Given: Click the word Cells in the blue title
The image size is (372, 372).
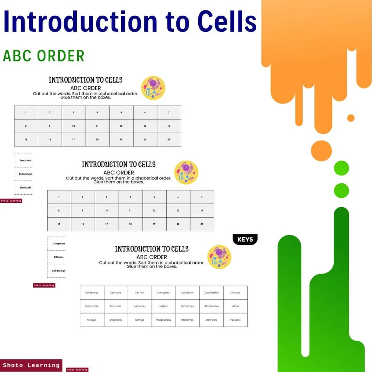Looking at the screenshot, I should coord(227,22).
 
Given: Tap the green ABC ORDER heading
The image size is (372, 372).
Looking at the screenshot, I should coord(44,56).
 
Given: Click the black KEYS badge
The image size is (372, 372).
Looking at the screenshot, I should coord(245,240).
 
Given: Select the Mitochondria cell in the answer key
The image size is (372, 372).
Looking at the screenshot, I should coord(211,306).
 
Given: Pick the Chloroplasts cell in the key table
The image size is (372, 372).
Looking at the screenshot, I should coord(164,293).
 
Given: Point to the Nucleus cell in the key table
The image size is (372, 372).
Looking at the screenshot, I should coord(92,320).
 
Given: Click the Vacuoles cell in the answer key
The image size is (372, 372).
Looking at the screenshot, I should coord(235,320).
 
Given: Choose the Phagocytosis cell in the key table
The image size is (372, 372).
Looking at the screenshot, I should coord(164,320).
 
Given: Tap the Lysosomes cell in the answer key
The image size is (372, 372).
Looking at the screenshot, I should coord(139,306).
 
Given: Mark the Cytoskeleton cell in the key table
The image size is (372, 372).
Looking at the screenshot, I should coord(211,293).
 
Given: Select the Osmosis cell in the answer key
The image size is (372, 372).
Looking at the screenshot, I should coord(139,320).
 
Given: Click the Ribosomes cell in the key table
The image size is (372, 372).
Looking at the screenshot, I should coord(187,320).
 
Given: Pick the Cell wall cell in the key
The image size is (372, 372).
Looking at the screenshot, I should coord(139,293).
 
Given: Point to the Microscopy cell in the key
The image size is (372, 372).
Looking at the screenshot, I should coord(187,306).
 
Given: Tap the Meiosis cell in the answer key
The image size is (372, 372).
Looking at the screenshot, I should coord(164,306).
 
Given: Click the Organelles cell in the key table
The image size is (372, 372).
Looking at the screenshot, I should coord(116,320).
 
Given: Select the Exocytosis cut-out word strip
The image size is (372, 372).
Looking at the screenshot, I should coord(25,160).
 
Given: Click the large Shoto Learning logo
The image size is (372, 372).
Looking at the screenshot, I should coord(31,365).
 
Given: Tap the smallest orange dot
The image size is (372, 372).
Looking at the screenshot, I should coord(351,118).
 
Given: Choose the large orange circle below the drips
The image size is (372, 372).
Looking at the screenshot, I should coord(321,151).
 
